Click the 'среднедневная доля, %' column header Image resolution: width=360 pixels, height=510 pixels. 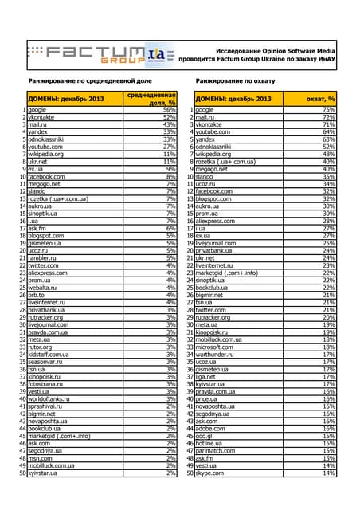[152, 98]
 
